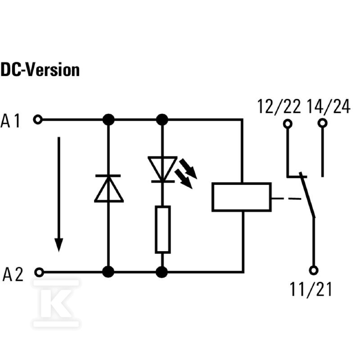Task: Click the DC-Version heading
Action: click(x=40, y=70)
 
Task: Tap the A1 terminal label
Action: click(x=10, y=121)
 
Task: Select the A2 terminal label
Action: click(x=13, y=274)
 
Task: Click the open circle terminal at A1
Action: click(x=38, y=120)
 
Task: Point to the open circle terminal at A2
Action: click(x=39, y=272)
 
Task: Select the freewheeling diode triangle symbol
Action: click(x=108, y=189)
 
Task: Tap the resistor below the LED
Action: click(x=163, y=229)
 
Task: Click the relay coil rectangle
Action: click(x=242, y=197)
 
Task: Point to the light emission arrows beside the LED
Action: click(x=186, y=173)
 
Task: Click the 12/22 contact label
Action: click(x=279, y=107)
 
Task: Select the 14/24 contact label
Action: click(x=328, y=107)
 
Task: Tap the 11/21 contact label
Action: click(x=311, y=289)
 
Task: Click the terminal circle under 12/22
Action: click(x=288, y=124)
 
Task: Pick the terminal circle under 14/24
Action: click(x=322, y=123)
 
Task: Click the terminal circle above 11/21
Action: click(x=314, y=270)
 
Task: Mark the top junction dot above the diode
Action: click(x=108, y=120)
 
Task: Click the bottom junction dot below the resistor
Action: click(x=162, y=272)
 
